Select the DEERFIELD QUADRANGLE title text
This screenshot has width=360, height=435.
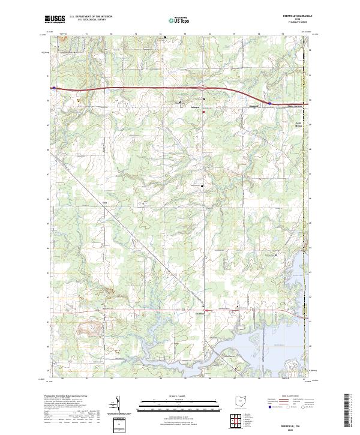pos(293,16)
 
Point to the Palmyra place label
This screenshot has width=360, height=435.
pos(186,108)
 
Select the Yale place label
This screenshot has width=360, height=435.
pos(104,202)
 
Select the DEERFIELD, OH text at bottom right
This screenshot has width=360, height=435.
pos(293,424)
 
